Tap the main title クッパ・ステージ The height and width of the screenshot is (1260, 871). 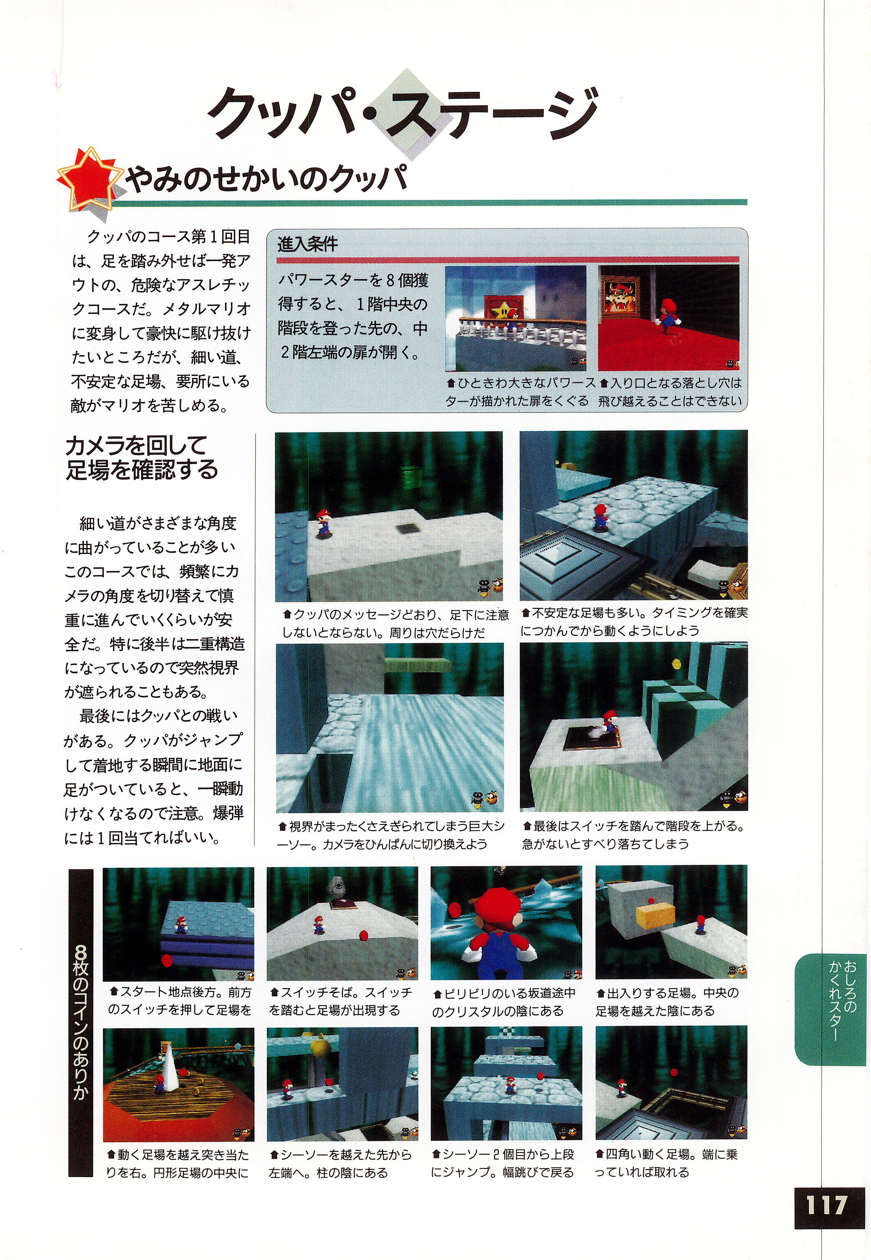[x=402, y=115]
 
